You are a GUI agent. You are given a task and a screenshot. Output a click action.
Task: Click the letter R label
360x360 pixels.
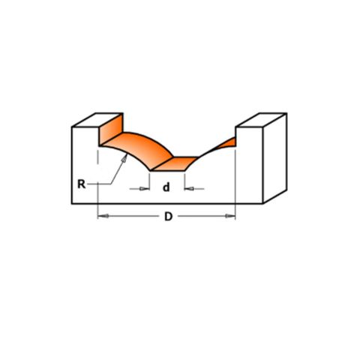(82, 184)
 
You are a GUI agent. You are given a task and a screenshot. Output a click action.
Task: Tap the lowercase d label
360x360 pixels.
(166, 187)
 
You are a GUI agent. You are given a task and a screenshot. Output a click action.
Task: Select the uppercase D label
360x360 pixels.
(169, 217)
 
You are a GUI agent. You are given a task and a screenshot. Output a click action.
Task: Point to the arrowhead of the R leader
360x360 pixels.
(124, 158)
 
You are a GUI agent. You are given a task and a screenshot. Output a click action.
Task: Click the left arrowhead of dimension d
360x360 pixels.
(144, 188)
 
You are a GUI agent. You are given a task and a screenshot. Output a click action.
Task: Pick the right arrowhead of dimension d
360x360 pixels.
(189, 188)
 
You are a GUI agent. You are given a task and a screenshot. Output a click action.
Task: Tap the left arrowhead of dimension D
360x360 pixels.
(103, 216)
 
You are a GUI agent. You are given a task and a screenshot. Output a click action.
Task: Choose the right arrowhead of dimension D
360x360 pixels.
(230, 216)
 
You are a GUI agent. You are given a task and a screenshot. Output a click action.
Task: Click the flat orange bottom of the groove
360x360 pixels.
(175, 163)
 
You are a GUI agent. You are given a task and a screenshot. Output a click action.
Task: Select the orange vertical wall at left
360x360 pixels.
(111, 129)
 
